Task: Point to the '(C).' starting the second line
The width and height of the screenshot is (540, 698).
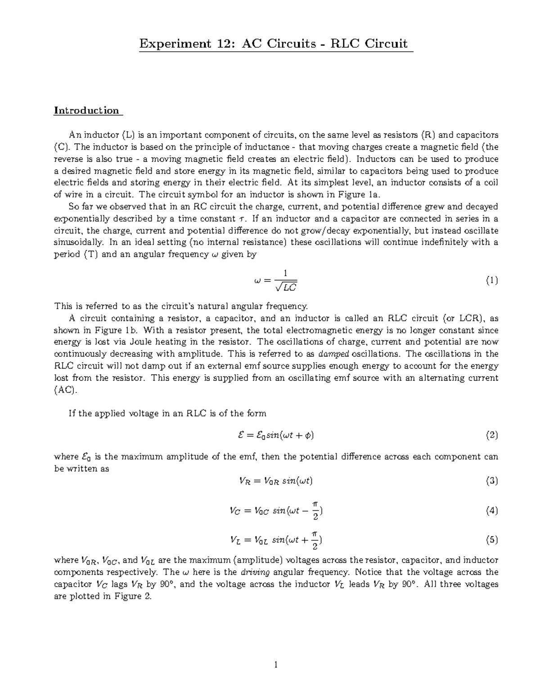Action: click(x=63, y=147)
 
